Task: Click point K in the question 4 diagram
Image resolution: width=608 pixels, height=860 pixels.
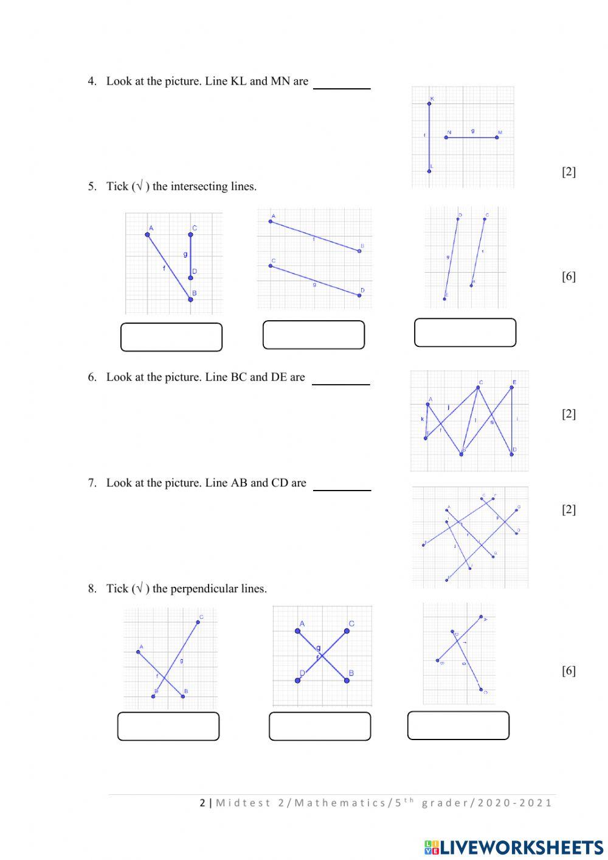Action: [x=429, y=104]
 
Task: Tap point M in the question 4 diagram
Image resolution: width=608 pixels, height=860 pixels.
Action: [x=497, y=138]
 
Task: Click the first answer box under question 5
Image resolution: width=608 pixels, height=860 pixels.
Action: [x=171, y=337]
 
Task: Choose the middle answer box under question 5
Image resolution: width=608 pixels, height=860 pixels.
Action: [x=314, y=335]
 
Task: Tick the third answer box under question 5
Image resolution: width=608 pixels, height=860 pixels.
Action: [x=465, y=332]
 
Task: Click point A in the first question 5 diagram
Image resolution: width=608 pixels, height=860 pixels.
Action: [x=148, y=234]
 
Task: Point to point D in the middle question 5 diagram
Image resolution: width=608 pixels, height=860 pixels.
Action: [x=359, y=295]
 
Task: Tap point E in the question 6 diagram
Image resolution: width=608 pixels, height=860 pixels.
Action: [x=512, y=387]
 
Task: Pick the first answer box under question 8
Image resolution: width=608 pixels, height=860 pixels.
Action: [x=168, y=726]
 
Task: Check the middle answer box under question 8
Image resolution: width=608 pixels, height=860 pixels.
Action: [x=320, y=726]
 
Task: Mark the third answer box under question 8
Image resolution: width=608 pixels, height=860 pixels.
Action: [x=458, y=725]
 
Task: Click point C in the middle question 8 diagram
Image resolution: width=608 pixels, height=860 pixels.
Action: [x=347, y=631]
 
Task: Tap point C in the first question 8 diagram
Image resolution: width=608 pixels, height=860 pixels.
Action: [x=198, y=622]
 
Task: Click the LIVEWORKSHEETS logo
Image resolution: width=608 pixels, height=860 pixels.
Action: [x=514, y=847]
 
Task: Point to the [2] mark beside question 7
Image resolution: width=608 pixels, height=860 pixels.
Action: [x=568, y=509]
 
